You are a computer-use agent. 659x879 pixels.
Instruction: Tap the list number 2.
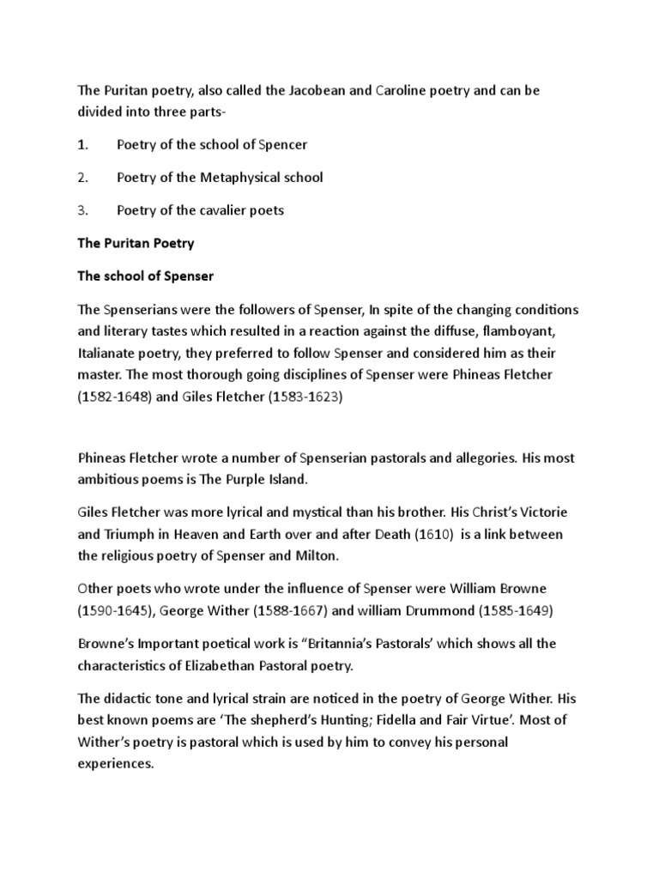(x=82, y=178)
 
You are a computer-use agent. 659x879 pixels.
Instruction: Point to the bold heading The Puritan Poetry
(x=136, y=243)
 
